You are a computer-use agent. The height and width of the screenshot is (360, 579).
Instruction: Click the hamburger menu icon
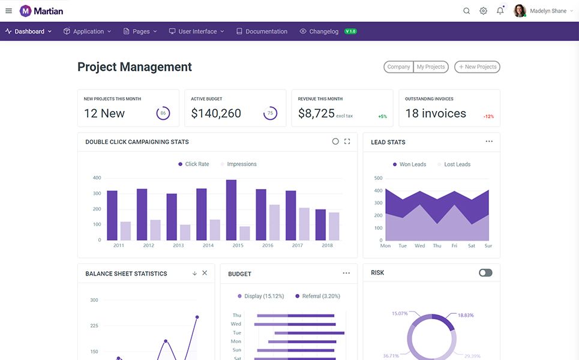[8, 11]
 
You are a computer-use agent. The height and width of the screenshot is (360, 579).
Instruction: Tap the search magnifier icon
[467, 11]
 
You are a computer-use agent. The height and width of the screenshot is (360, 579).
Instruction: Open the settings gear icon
[484, 11]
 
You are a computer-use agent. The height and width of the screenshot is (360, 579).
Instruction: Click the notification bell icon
[500, 11]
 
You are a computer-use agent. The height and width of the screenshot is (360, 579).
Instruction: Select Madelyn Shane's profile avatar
[520, 11]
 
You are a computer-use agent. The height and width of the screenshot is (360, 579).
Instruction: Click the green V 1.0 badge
[350, 31]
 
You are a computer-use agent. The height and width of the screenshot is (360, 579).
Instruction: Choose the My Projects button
[431, 67]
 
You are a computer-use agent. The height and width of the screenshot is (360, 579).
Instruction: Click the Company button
[398, 67]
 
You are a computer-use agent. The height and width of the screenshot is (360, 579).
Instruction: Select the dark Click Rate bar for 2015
[232, 210]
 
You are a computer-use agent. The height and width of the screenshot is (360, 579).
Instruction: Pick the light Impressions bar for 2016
[274, 222]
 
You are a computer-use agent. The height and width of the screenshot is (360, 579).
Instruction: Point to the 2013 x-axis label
[178, 245]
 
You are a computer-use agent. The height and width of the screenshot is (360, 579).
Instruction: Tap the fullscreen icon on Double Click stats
[347, 142]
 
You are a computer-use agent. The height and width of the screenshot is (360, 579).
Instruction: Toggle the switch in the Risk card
[485, 273]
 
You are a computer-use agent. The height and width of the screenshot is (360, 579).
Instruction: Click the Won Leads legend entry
[409, 164]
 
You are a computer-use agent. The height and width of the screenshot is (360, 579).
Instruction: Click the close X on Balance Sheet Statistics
[205, 273]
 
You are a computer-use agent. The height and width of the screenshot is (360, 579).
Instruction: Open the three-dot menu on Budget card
[346, 273]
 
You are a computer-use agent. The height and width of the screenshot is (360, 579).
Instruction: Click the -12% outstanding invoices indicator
[488, 116]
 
